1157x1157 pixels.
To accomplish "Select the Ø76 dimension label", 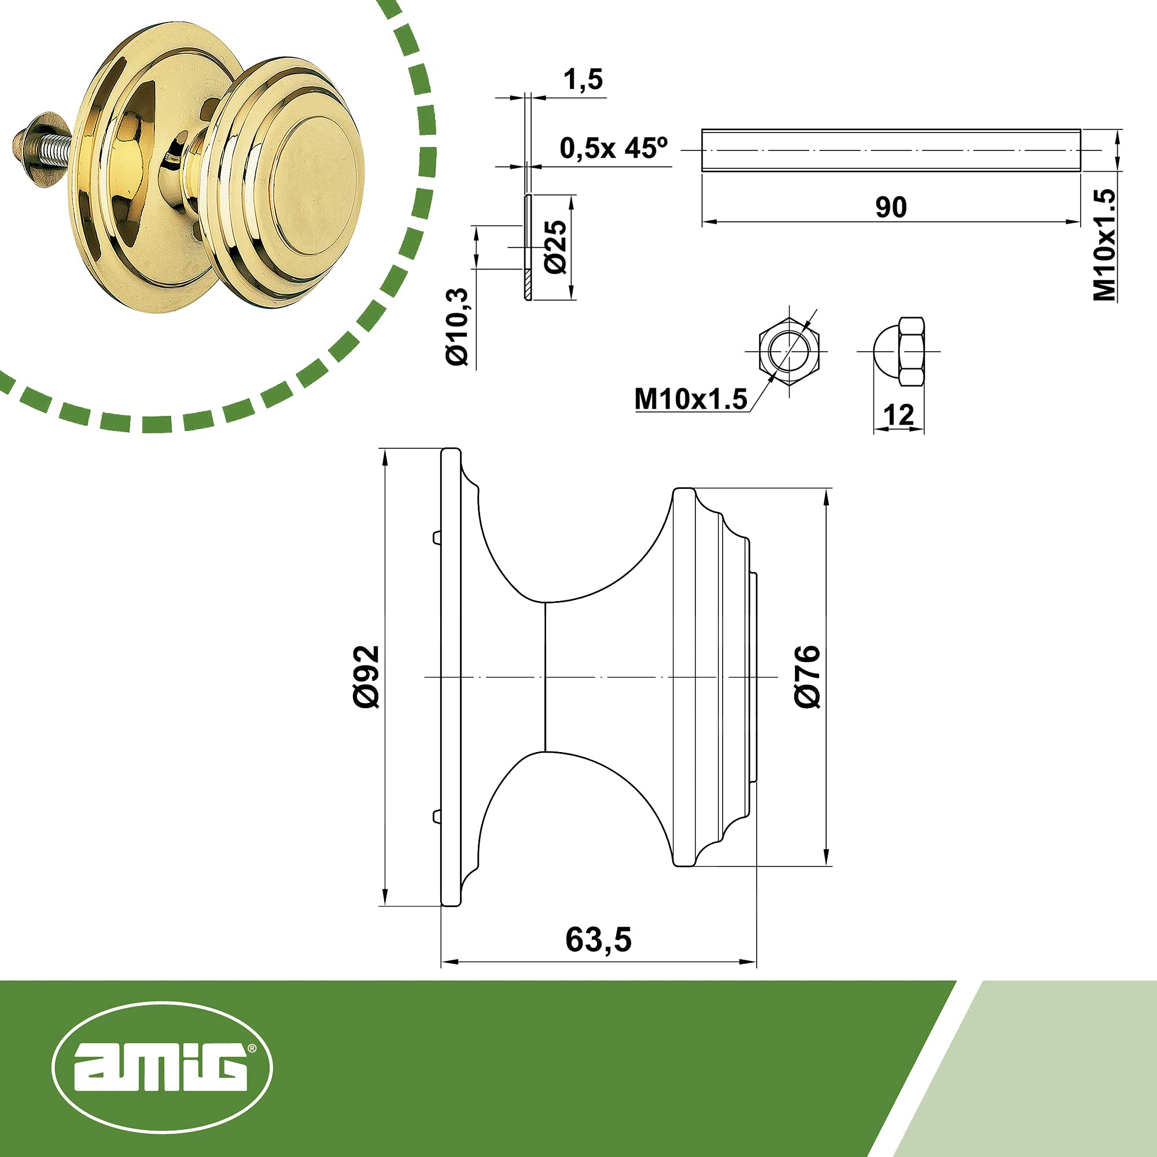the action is tap(806, 677).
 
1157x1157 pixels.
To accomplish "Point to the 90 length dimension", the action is tap(891, 207).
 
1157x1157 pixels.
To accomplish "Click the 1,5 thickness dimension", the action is tap(583, 80).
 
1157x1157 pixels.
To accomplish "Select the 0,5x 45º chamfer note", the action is tap(613, 148).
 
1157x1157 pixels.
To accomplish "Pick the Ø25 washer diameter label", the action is tap(555, 247).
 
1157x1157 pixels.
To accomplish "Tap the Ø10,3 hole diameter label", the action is tap(458, 326).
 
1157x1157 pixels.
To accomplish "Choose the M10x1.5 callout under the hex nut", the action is tap(691, 399).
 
